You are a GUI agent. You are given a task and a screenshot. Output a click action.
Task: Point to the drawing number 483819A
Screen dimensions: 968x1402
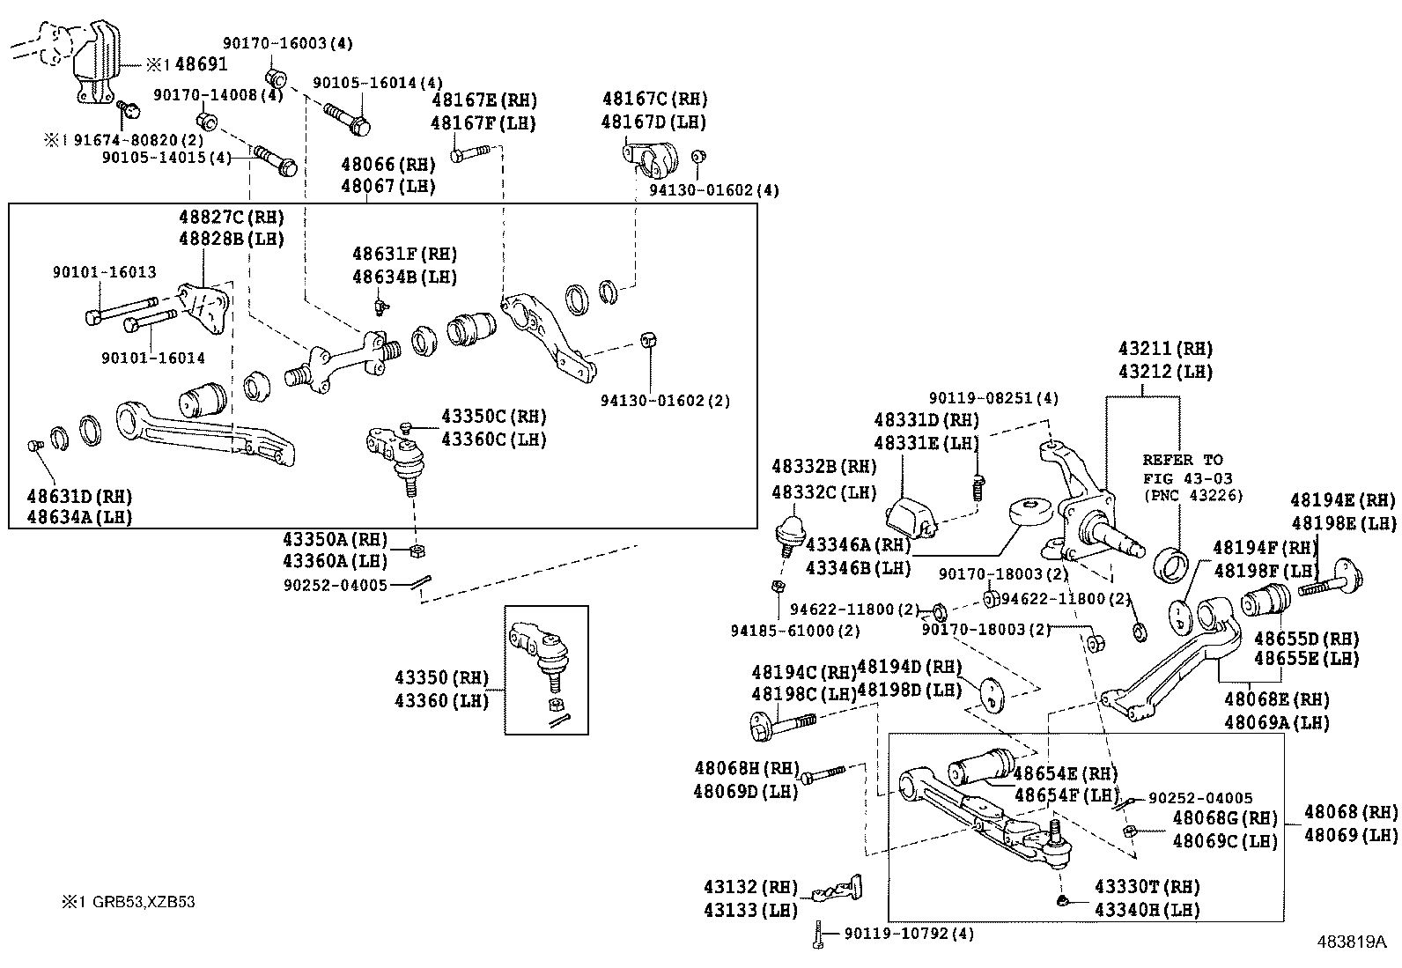[1352, 942]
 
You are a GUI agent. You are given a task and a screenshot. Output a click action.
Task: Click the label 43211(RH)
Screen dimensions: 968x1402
[1165, 348]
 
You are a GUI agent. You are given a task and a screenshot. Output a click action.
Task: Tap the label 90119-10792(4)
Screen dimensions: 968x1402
[908, 933]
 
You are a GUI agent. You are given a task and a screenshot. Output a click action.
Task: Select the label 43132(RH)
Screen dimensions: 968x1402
[749, 887]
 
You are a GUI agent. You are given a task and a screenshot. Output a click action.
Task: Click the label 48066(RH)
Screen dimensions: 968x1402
[388, 164]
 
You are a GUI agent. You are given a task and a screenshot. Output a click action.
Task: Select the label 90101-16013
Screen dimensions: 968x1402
[104, 273]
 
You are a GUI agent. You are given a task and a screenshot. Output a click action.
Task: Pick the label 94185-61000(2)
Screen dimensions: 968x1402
[795, 631]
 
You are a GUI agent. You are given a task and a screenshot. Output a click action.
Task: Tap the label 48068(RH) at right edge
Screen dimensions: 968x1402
[1350, 812]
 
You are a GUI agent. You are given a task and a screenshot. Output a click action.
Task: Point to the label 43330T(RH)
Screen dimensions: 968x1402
[1147, 887]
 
